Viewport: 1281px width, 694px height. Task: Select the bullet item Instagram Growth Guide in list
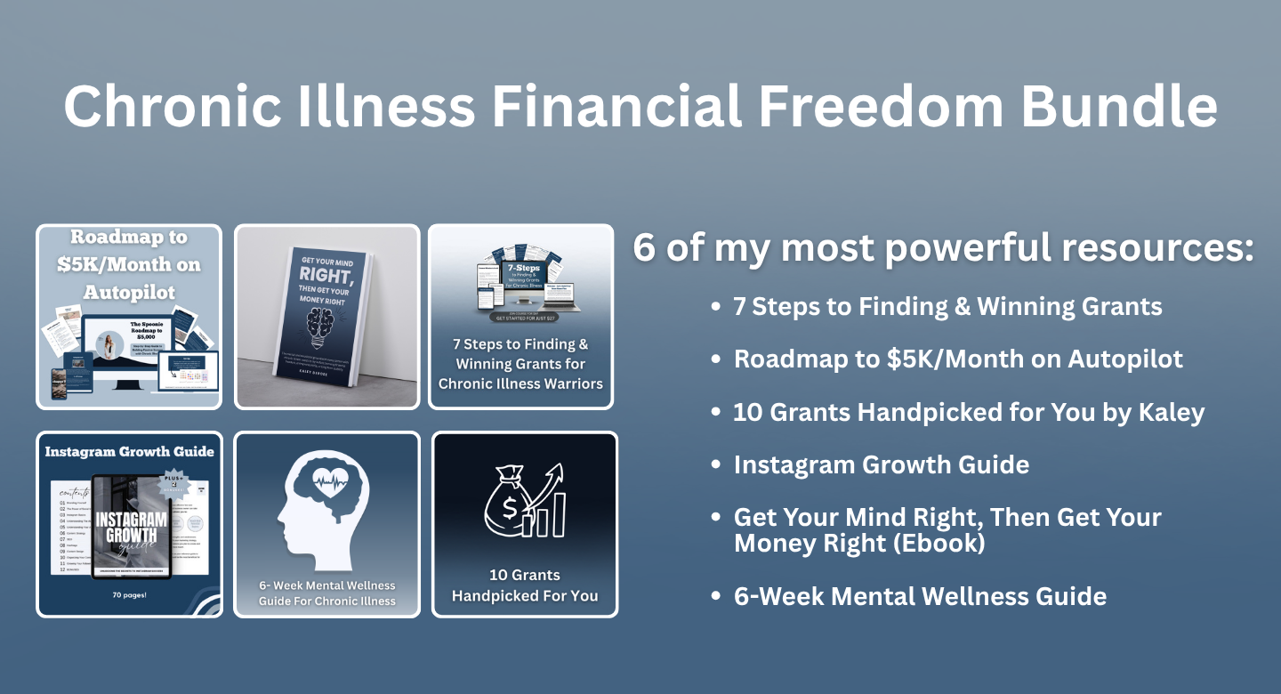881,464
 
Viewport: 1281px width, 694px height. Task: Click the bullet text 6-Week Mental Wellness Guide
920,595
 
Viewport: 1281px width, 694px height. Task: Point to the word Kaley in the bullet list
1172,412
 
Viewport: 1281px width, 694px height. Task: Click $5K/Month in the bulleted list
951,359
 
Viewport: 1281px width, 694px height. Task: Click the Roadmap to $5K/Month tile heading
129,263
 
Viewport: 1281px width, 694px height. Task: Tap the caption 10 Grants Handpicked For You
525,585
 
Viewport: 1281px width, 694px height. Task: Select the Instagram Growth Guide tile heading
129,451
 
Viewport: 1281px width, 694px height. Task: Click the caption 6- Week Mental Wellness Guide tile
326,593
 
